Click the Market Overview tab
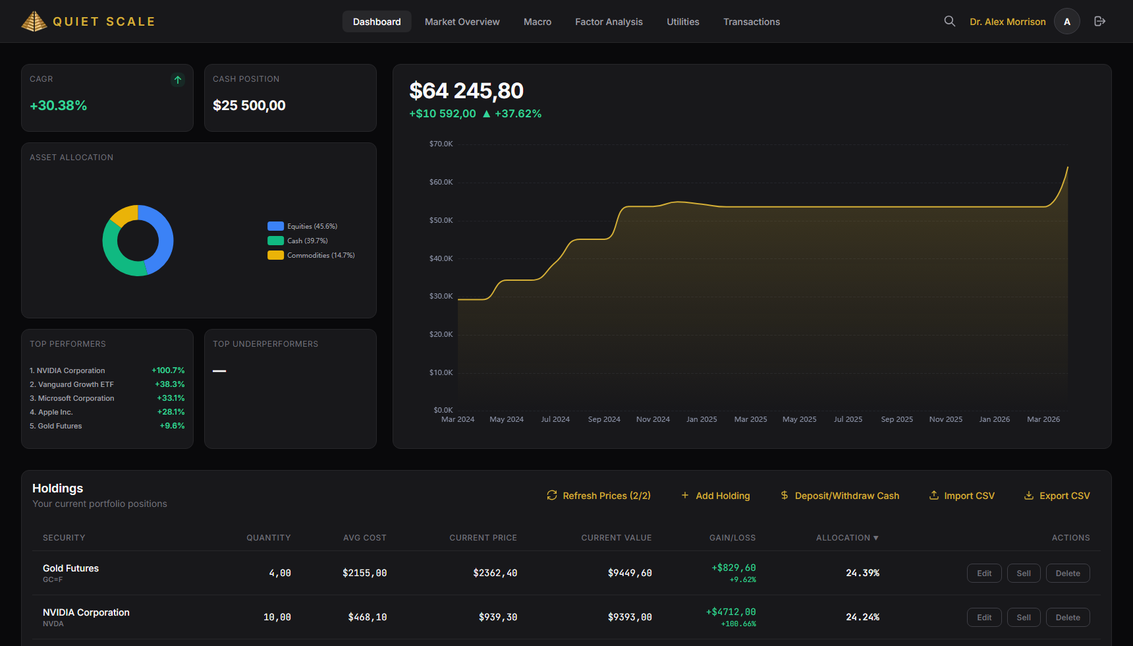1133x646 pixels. [462, 22]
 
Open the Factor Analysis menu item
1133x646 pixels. [609, 22]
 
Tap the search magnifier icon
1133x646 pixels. [949, 21]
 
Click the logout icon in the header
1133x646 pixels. [1099, 21]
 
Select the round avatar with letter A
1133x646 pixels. [1066, 21]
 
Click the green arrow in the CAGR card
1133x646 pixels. [178, 80]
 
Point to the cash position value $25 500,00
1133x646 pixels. [249, 105]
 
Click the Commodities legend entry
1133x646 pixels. [311, 255]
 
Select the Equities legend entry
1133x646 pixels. [303, 226]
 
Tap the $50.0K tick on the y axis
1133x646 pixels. [441, 220]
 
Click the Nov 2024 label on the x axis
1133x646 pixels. [653, 419]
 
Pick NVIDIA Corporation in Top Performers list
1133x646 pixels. [70, 370]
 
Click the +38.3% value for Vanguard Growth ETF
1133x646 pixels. [170, 384]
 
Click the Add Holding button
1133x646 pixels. [715, 496]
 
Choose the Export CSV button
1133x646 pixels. [1057, 496]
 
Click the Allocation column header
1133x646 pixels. [847, 538]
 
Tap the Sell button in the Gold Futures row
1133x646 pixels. [1023, 573]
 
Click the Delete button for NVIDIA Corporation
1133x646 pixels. [1067, 618]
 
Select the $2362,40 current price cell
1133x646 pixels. [495, 573]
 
